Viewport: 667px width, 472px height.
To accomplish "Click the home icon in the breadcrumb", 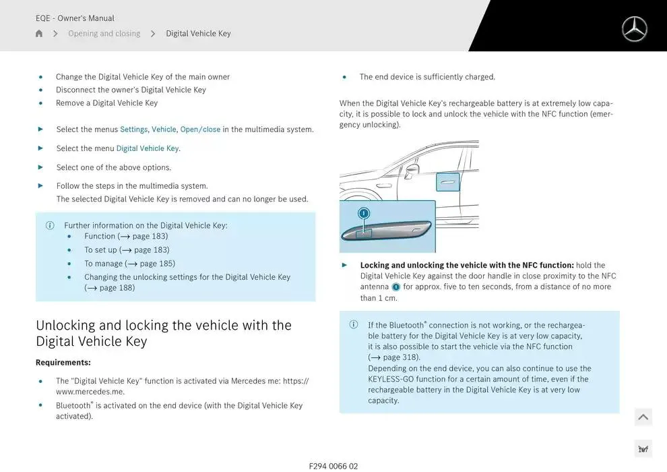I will point(39,34).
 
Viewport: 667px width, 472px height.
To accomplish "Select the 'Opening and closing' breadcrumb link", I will point(104,34).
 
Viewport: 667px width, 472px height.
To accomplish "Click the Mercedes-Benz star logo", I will point(633,29).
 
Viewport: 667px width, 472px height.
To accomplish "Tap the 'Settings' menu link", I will point(133,129).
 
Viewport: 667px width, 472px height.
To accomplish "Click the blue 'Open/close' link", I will point(200,129).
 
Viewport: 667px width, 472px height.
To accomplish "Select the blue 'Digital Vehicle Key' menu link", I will point(148,148).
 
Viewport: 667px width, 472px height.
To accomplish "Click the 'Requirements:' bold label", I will point(63,363).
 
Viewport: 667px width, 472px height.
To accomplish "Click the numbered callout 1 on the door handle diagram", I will point(364,214).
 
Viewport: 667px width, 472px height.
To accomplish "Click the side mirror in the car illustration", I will point(411,169).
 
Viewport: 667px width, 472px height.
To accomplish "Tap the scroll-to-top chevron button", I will point(643,417).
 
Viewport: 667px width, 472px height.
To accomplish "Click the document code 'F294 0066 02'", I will point(333,466).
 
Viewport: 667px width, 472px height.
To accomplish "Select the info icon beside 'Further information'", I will point(50,226).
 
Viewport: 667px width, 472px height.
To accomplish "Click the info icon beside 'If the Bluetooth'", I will point(354,325).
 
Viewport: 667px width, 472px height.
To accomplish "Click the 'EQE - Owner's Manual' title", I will point(75,18).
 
